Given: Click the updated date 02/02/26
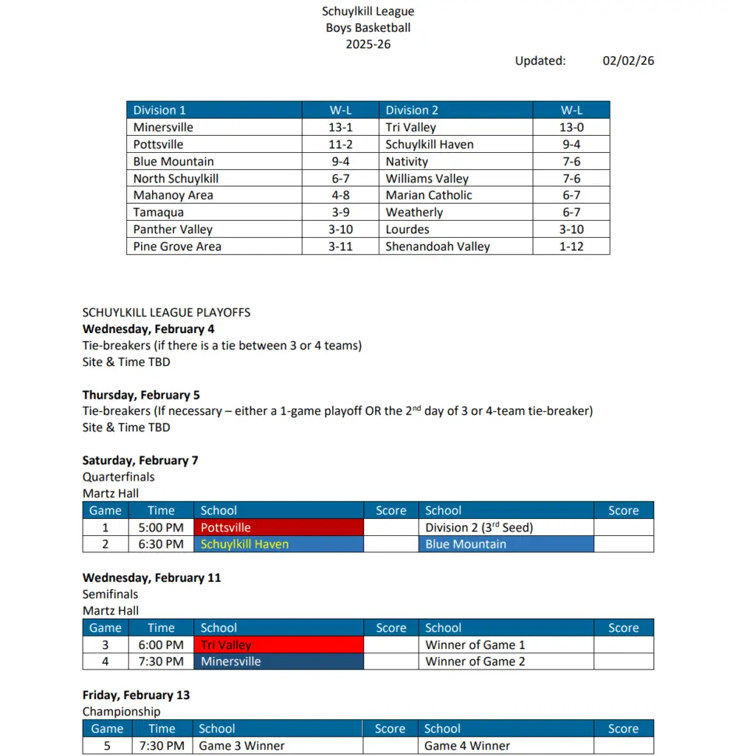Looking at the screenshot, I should (x=627, y=61).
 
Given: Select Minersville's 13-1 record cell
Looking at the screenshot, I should (x=340, y=127).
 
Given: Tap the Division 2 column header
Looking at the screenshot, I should (x=412, y=110).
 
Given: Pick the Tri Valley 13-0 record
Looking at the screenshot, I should (x=571, y=127).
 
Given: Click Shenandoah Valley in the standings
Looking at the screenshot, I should (x=438, y=247).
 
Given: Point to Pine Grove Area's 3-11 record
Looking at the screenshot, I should (x=340, y=247).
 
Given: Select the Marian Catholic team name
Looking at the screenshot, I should (x=429, y=195).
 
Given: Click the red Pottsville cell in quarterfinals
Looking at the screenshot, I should (x=278, y=528).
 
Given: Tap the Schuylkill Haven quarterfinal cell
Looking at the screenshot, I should (x=278, y=544).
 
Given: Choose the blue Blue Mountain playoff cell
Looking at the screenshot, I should (x=506, y=544).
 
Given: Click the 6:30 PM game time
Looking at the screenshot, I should (x=161, y=544).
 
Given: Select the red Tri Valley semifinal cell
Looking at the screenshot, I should (x=278, y=645).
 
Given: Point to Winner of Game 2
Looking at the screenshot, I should (x=475, y=661).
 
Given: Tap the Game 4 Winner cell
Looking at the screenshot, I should (x=467, y=746).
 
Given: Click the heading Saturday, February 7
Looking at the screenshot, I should (x=140, y=460).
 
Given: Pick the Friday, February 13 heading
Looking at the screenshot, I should (x=136, y=695).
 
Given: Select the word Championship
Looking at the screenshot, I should (x=121, y=712).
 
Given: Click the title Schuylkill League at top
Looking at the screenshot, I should (x=368, y=11).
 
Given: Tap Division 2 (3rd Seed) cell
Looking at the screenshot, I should (x=479, y=528).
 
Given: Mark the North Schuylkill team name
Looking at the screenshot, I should (x=176, y=178).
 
